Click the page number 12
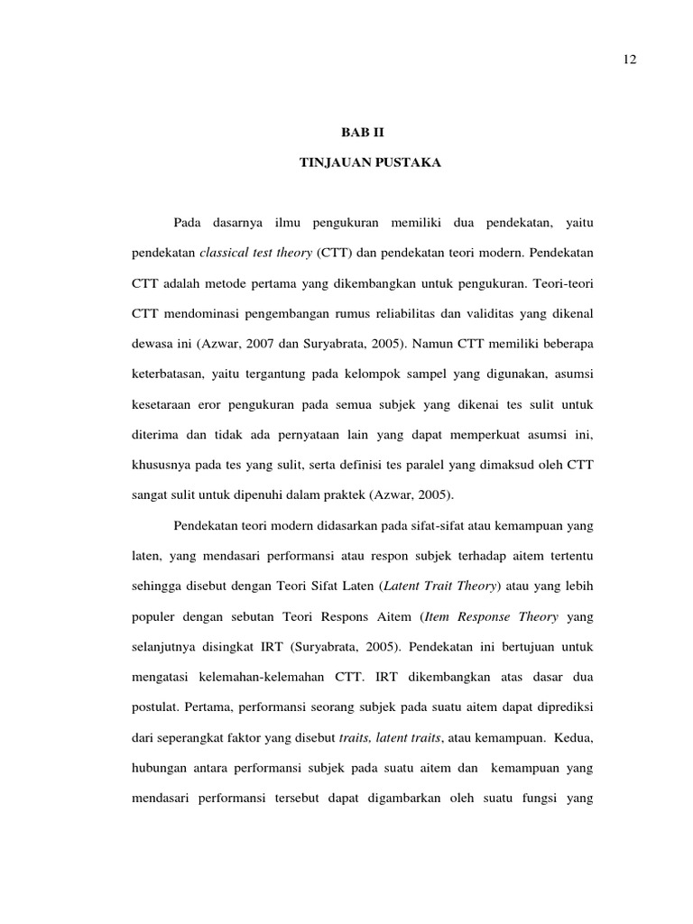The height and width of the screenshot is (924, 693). pyautogui.click(x=630, y=59)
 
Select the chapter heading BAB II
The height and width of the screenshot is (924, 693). pyautogui.click(x=361, y=132)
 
